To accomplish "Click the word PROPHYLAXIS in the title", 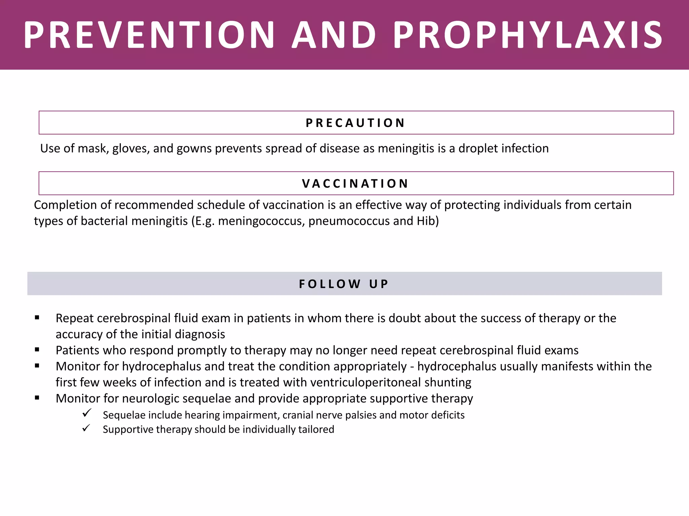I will pos(528,35).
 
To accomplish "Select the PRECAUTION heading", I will pos(356,123).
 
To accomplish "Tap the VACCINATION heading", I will pos(356,184).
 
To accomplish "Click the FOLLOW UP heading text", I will pos(344,284).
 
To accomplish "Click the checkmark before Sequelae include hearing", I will pos(87,413).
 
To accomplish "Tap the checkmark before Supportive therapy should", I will pos(87,428).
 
